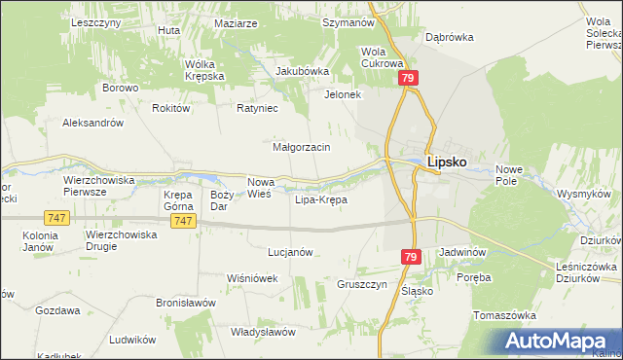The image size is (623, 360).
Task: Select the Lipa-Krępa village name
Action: [320, 200]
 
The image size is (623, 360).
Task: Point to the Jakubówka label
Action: [303, 71]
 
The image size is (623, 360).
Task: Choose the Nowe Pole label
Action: [509, 175]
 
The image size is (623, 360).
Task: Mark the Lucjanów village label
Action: [290, 252]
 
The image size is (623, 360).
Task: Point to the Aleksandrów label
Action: [92, 124]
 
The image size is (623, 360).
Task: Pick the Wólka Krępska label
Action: [205, 70]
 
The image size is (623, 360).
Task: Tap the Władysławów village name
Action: [263, 332]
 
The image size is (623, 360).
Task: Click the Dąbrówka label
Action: [449, 37]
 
